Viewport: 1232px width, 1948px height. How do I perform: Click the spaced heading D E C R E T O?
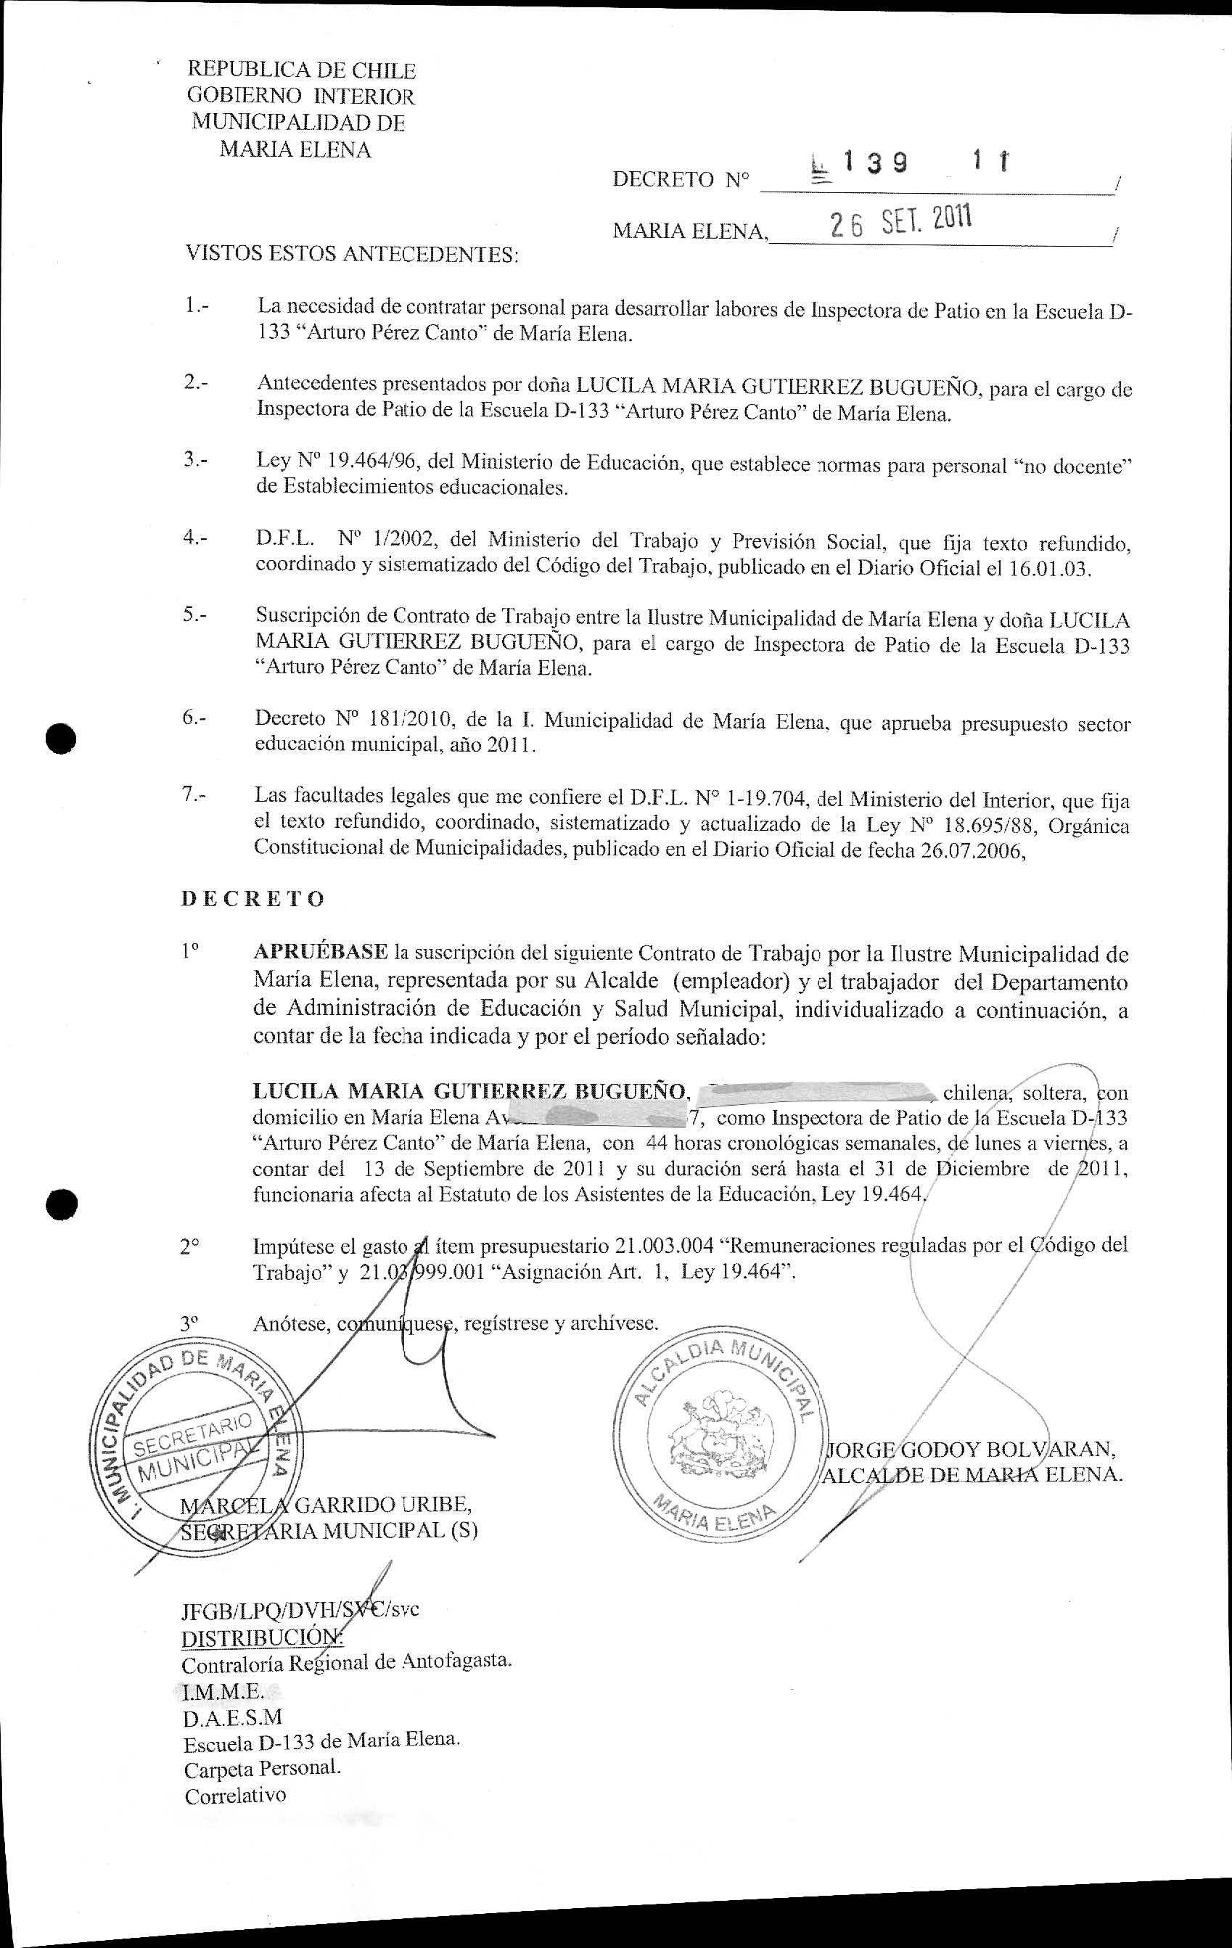click(x=252, y=899)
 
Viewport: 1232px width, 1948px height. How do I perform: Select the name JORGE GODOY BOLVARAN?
click(x=972, y=1447)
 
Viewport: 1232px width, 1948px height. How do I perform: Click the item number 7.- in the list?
click(x=194, y=795)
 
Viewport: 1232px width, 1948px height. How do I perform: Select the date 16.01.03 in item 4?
click(x=1049, y=568)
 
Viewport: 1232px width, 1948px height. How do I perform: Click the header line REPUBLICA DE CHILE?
click(x=301, y=70)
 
